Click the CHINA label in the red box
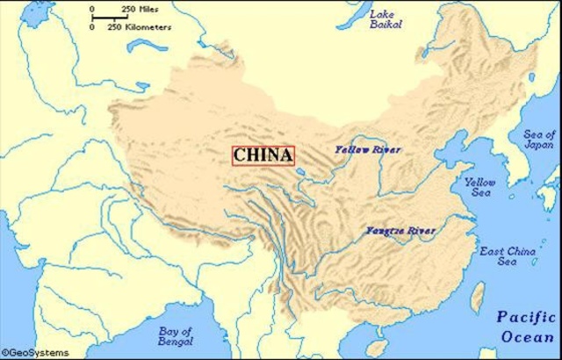[263, 155]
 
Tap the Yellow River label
[367, 150]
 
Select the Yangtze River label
[400, 232]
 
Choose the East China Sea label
[507, 256]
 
